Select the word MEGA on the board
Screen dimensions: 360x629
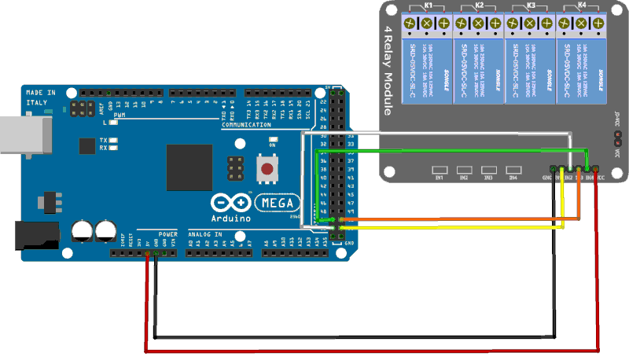pos(278,203)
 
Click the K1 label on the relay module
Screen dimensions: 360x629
pos(429,6)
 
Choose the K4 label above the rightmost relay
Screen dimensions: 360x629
pos(582,6)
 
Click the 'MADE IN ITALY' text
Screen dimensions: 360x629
pos(40,97)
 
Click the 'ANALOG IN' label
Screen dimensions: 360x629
pos(205,234)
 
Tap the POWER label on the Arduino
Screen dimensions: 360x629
pos(167,234)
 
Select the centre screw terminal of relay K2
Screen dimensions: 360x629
pos(479,24)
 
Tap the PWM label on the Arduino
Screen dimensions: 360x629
pos(120,116)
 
